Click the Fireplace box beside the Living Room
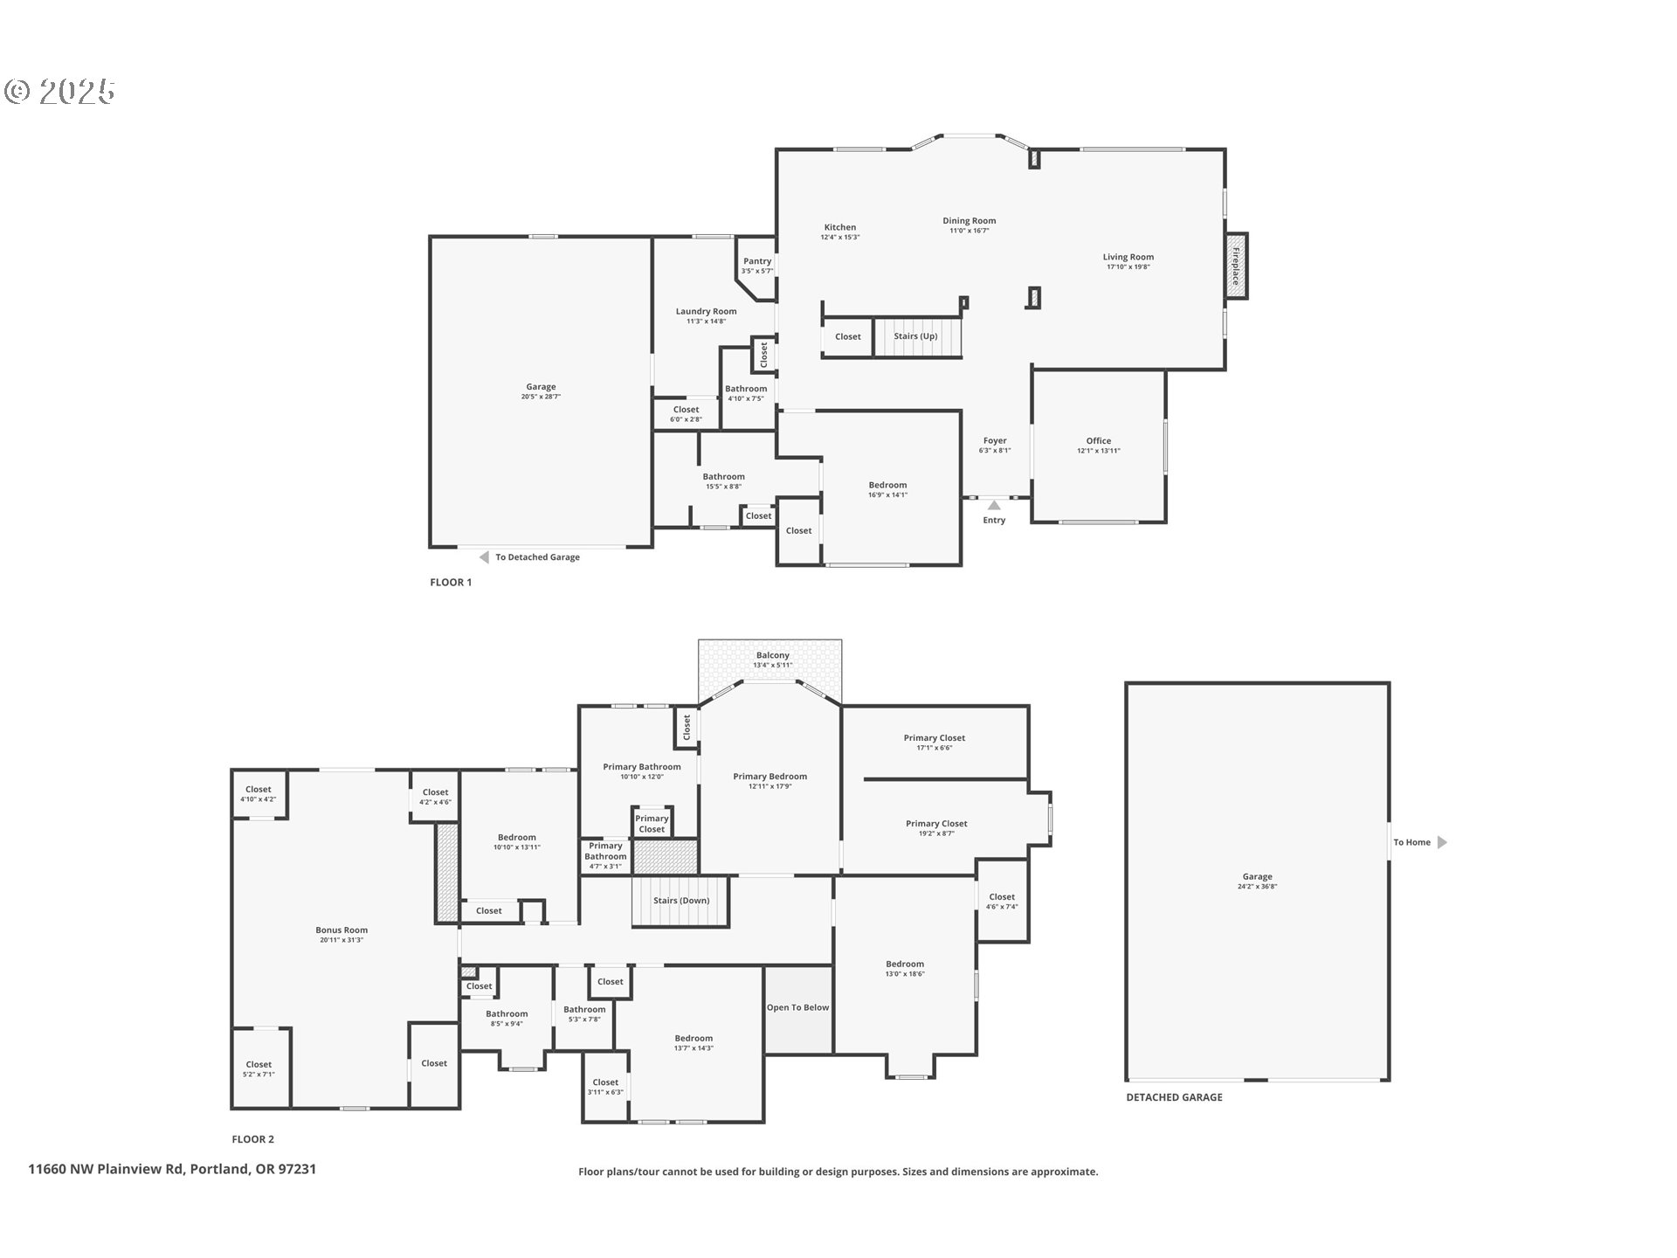pos(1235,266)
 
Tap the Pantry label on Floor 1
pos(757,261)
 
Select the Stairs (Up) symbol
pos(917,337)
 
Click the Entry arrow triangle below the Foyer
pos(994,505)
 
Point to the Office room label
pos(1098,441)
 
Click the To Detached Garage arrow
pos(484,557)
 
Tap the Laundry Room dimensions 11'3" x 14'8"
pos(706,321)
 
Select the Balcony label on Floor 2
pos(772,655)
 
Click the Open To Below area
pos(797,1008)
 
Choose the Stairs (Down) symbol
pos(680,902)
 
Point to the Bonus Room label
pos(342,930)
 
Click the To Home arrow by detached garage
pos(1442,842)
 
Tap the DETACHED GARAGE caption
pos(1174,1097)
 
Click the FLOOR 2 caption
pos(252,1139)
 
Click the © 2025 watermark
pos(59,91)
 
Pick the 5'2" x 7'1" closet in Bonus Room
pos(259,1069)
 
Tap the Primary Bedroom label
pos(769,777)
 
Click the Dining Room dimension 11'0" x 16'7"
pos(969,231)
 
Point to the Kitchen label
pos(839,227)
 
